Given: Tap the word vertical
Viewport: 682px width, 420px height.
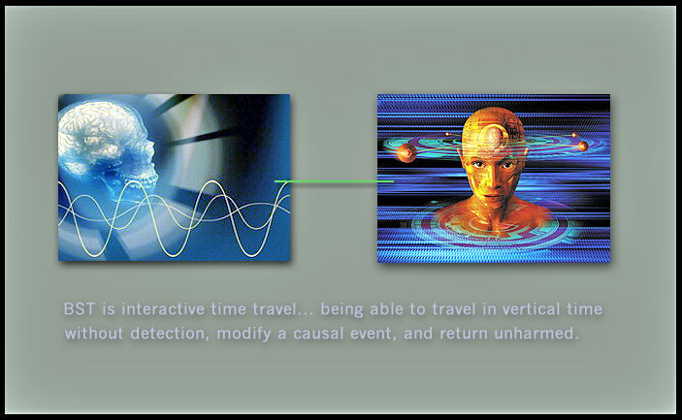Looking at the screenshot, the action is tap(531, 309).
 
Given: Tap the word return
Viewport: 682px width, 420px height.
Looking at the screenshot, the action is tap(463, 334).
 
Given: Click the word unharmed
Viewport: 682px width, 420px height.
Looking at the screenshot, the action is tap(536, 334).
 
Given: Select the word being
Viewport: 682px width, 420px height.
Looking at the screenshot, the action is tap(341, 310).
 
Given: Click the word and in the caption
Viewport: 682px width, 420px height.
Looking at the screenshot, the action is tap(418, 334).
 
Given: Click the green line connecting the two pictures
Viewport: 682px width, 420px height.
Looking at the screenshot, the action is tap(334, 180).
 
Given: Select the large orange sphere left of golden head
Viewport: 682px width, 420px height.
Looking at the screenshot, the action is tap(406, 153).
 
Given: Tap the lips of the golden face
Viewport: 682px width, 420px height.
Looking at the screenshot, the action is tap(492, 198).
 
